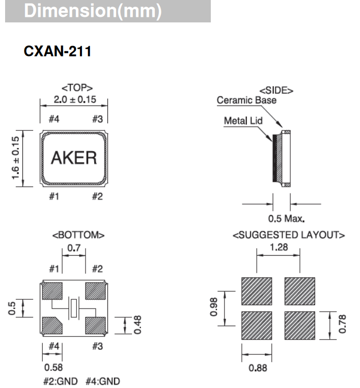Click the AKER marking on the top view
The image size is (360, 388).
point(74,158)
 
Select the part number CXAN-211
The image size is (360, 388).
point(58,51)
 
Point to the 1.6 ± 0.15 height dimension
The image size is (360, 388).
point(16,158)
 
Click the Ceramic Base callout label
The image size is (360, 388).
point(246,100)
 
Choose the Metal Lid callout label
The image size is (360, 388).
point(243,121)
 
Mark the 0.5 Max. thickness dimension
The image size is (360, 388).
point(286,219)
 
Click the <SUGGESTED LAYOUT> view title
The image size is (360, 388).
point(289,235)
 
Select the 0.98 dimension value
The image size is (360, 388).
point(214,307)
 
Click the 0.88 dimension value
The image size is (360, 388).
point(258,368)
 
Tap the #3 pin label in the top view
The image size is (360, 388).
point(98,119)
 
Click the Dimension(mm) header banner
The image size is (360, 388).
point(108,11)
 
